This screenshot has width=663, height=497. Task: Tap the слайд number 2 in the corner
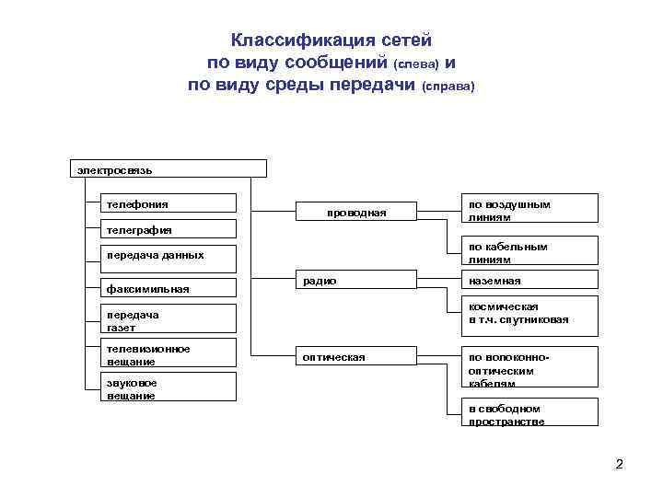click(619, 464)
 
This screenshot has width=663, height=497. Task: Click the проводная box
click(356, 213)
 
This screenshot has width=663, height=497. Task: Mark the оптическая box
click(356, 357)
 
